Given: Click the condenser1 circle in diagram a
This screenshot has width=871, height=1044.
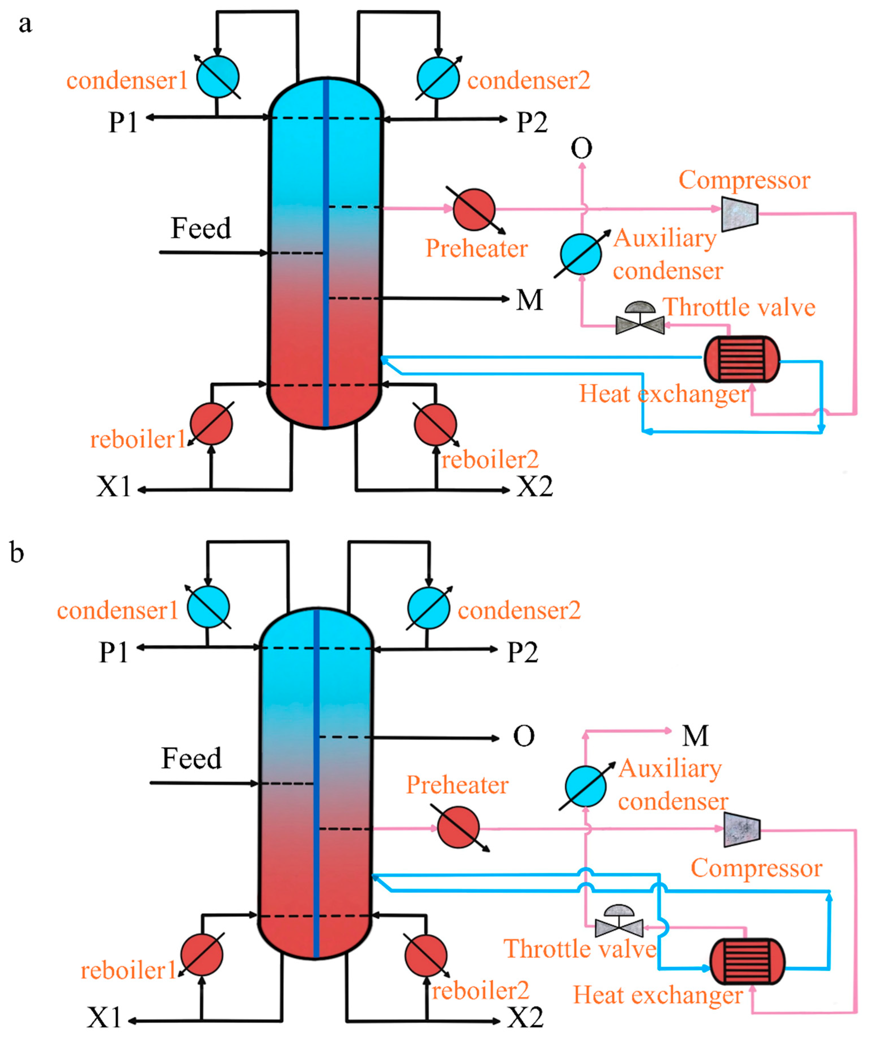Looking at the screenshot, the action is point(218,77).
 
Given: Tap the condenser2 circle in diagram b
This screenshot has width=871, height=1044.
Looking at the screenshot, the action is point(429,608).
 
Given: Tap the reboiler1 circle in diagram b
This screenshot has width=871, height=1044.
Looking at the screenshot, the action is point(202,954).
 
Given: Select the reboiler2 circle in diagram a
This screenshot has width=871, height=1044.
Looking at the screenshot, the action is point(436,424).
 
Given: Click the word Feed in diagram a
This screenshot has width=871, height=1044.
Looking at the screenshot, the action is point(201,228).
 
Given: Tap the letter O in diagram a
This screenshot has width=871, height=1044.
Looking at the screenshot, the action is point(582,148).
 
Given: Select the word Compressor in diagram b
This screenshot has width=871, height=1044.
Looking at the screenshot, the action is point(756,868).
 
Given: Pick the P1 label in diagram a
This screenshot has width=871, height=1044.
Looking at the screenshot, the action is point(123,122).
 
